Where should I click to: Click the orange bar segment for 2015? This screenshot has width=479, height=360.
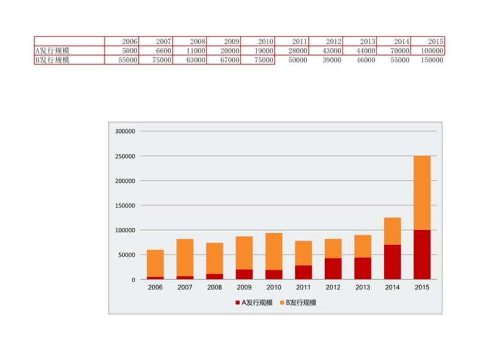422,192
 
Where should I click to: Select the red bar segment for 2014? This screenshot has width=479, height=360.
392,262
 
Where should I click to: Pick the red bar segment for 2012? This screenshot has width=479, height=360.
333,268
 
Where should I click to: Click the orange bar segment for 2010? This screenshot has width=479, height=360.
274,251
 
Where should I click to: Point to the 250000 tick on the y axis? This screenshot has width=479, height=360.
125,156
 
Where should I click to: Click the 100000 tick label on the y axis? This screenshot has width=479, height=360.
125,230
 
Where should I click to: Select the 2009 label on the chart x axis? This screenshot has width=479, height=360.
244,288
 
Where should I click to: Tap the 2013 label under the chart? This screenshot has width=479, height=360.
362,288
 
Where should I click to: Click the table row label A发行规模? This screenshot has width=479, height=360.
53,51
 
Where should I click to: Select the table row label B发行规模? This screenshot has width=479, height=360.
53,60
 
